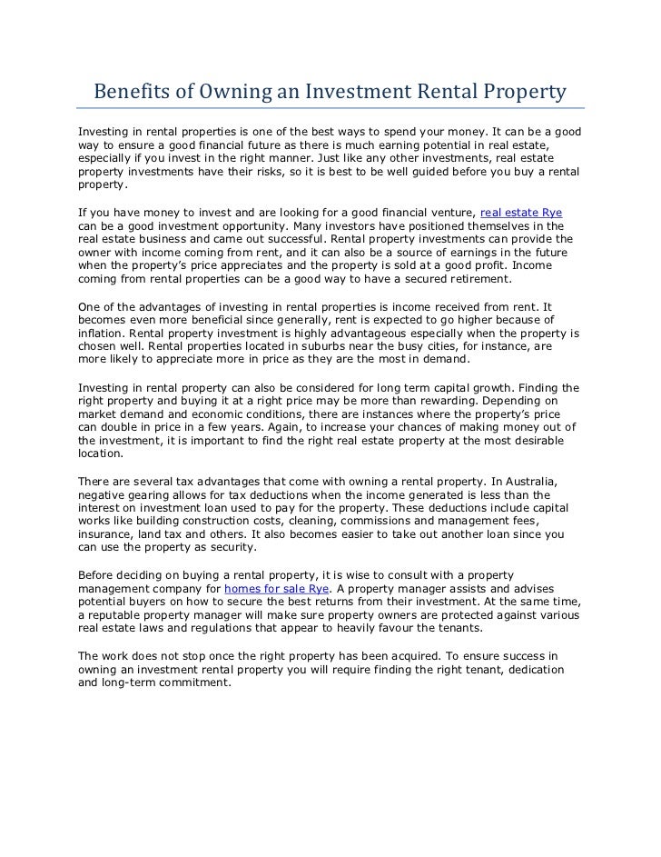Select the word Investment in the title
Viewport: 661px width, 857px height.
pyautogui.click(x=350, y=93)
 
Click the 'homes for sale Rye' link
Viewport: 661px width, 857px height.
pyautogui.click(x=276, y=588)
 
